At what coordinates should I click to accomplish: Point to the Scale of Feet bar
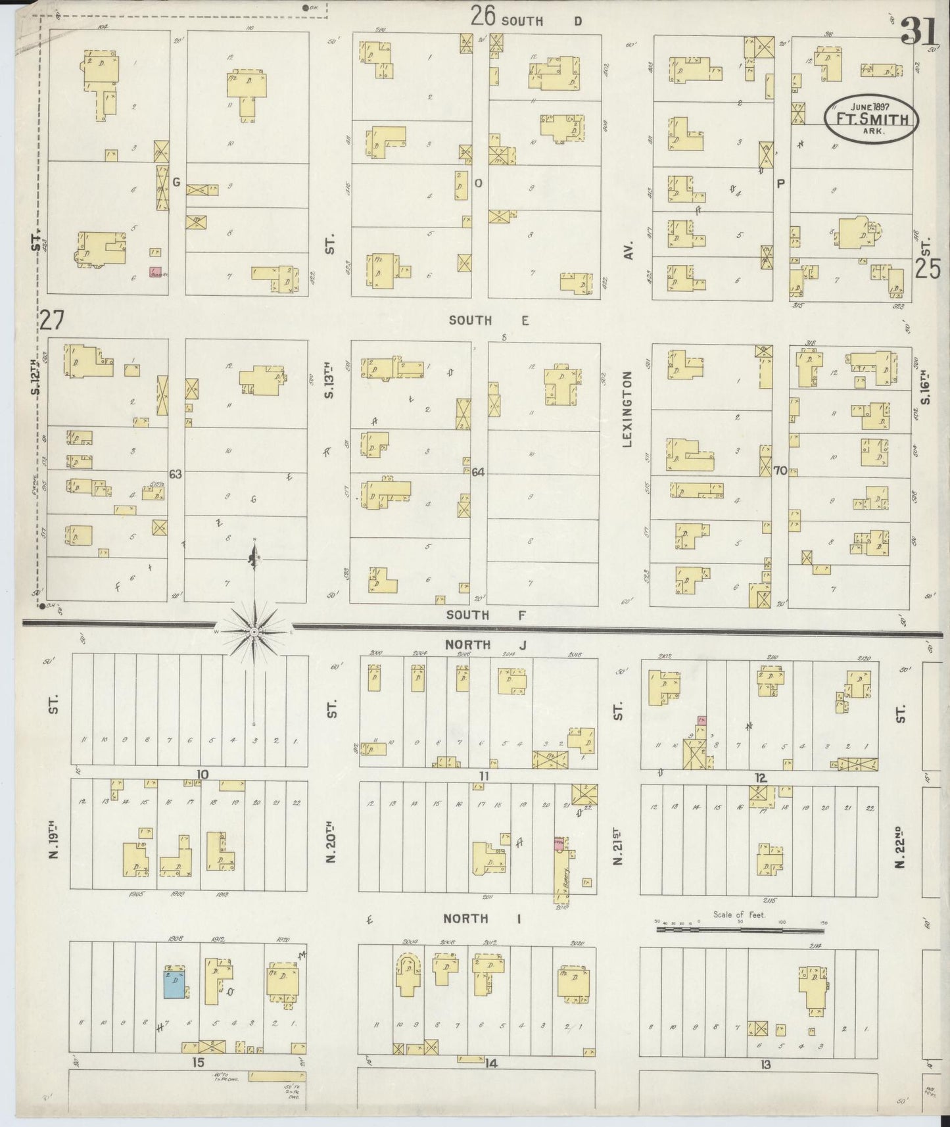pos(740,930)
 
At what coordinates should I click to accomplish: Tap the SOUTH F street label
pos(467,615)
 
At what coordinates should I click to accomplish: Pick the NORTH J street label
pos(486,645)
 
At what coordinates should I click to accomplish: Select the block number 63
pos(175,473)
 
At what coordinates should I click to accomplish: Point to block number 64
pos(478,472)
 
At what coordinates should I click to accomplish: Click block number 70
pos(780,471)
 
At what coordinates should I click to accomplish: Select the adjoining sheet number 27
pos(53,320)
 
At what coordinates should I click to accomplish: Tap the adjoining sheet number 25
pos(927,269)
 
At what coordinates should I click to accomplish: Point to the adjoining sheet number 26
pos(483,16)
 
